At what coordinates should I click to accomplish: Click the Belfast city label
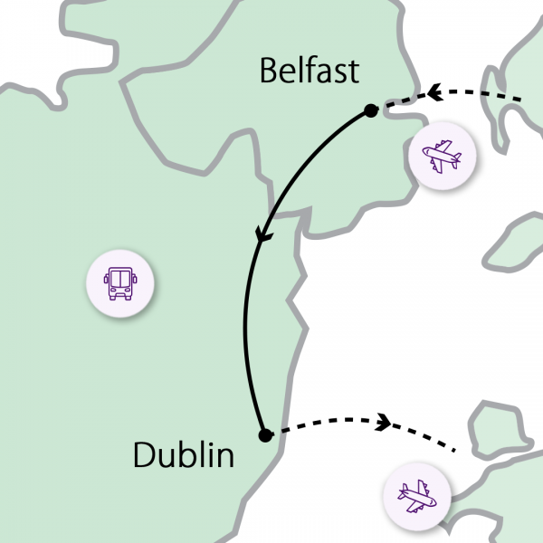click(310, 71)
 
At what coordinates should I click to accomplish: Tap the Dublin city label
click(184, 454)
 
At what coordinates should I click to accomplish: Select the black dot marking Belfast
click(370, 110)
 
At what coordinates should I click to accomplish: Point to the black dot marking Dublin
click(265, 435)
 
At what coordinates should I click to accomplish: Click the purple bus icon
click(120, 282)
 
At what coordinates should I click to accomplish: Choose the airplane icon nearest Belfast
click(442, 157)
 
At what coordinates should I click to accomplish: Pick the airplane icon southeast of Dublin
click(418, 496)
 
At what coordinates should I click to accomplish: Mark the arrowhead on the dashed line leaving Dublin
click(383, 421)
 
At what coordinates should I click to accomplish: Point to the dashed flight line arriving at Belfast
click(480, 92)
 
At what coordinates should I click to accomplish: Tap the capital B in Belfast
click(269, 71)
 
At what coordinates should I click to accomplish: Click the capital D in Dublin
click(145, 454)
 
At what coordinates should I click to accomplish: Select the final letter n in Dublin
click(224, 457)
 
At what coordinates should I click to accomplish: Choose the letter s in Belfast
click(339, 73)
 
